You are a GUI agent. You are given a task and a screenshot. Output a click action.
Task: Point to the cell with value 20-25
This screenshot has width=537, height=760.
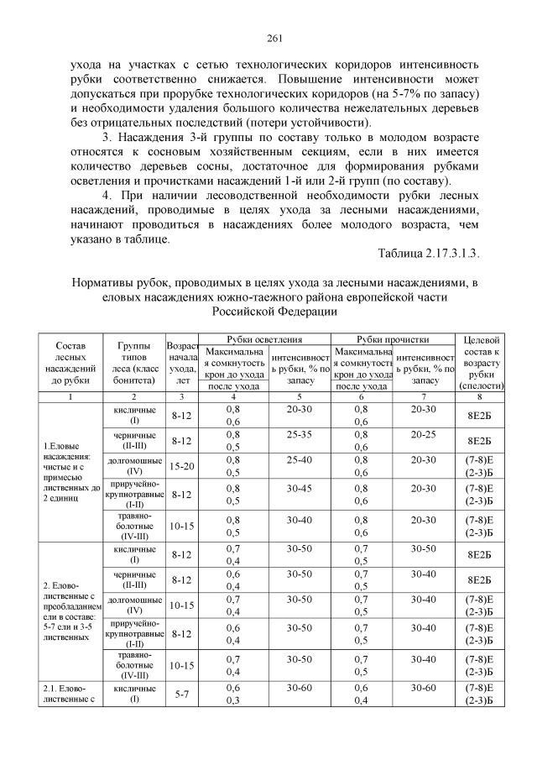(x=425, y=436)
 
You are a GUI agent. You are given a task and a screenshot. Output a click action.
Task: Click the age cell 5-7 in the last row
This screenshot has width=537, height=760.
(x=182, y=694)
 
